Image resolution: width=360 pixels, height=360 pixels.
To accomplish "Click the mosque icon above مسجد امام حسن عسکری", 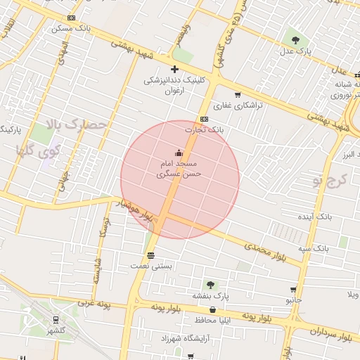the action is point(179,153).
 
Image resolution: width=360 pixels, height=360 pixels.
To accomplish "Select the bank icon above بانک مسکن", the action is point(71,18).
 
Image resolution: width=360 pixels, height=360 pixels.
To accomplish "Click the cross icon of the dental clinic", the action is point(174,69).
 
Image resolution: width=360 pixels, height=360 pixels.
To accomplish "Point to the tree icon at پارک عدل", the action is point(294,39).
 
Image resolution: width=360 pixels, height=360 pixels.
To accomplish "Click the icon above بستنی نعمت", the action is point(150,255).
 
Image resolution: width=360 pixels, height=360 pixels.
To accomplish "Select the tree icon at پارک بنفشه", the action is point(230,285).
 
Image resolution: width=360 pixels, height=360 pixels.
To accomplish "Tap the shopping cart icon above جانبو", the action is point(292,290).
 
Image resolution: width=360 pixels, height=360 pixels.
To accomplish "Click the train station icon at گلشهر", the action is point(55,319).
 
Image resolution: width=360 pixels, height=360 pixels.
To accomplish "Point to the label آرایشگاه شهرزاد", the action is point(190,339).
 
